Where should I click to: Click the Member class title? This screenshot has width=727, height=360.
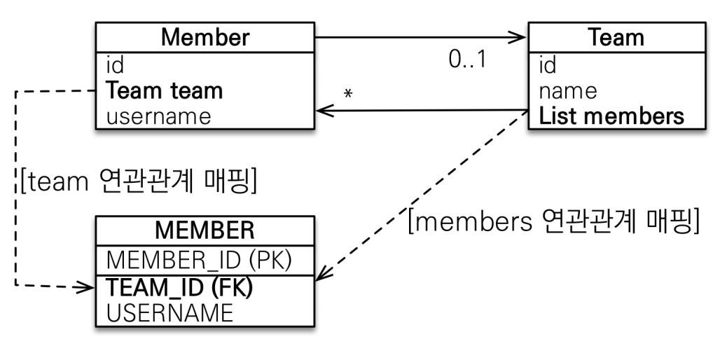205,37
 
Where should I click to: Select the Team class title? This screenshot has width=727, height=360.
616,37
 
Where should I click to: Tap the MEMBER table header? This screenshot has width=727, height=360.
205,230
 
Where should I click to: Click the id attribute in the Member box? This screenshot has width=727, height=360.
115,65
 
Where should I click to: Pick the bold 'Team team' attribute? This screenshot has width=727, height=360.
165,91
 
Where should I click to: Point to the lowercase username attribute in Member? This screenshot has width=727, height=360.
158,116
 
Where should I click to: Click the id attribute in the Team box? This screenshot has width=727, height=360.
548,65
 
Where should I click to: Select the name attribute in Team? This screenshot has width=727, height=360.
568,91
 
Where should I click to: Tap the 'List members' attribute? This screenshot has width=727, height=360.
611,116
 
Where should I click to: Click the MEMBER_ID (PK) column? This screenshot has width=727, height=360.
199,261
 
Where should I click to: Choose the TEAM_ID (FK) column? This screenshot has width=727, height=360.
180,288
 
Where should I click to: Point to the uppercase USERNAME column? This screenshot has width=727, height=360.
169,313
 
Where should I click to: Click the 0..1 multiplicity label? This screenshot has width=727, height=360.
468,60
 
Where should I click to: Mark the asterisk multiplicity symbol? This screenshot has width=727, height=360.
347,94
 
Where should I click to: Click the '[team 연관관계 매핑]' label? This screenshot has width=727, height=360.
139,181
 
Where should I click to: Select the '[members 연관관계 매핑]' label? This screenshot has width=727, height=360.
554,221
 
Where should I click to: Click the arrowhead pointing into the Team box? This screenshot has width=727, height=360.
522,37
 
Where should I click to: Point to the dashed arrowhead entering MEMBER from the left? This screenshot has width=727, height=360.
89,288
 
